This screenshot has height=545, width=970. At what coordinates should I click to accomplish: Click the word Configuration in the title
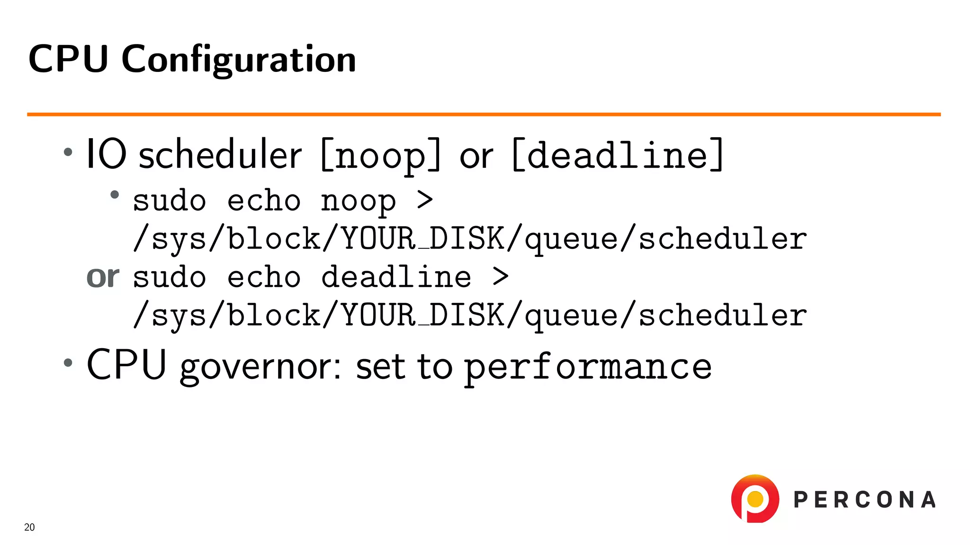click(x=238, y=60)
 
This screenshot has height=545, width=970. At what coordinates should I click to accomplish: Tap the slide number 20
click(x=29, y=527)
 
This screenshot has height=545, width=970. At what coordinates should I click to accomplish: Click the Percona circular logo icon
click(x=755, y=499)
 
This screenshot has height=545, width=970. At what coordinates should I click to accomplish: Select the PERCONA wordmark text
click(x=864, y=500)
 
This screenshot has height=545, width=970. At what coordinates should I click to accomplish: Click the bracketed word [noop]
click(x=381, y=155)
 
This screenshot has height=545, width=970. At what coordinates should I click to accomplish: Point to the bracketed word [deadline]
click(x=618, y=155)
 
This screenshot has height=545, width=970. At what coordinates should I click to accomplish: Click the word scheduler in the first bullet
click(x=220, y=155)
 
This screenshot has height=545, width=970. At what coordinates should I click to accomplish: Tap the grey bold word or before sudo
click(x=103, y=277)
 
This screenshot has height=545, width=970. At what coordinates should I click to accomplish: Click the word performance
click(x=587, y=367)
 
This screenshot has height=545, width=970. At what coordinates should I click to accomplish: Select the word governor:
click(x=260, y=367)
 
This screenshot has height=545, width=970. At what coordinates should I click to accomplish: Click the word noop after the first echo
click(x=358, y=201)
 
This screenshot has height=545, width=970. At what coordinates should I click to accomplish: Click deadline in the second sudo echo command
click(x=396, y=277)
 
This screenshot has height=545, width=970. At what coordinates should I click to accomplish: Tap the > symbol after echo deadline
click(x=500, y=276)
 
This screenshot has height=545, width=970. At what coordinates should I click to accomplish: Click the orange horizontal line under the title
click(x=483, y=114)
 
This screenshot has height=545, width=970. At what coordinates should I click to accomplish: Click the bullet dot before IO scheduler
click(x=68, y=152)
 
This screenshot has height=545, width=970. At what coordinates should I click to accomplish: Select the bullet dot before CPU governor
click(x=68, y=363)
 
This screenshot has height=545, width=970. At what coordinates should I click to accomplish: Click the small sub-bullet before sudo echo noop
click(x=114, y=194)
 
